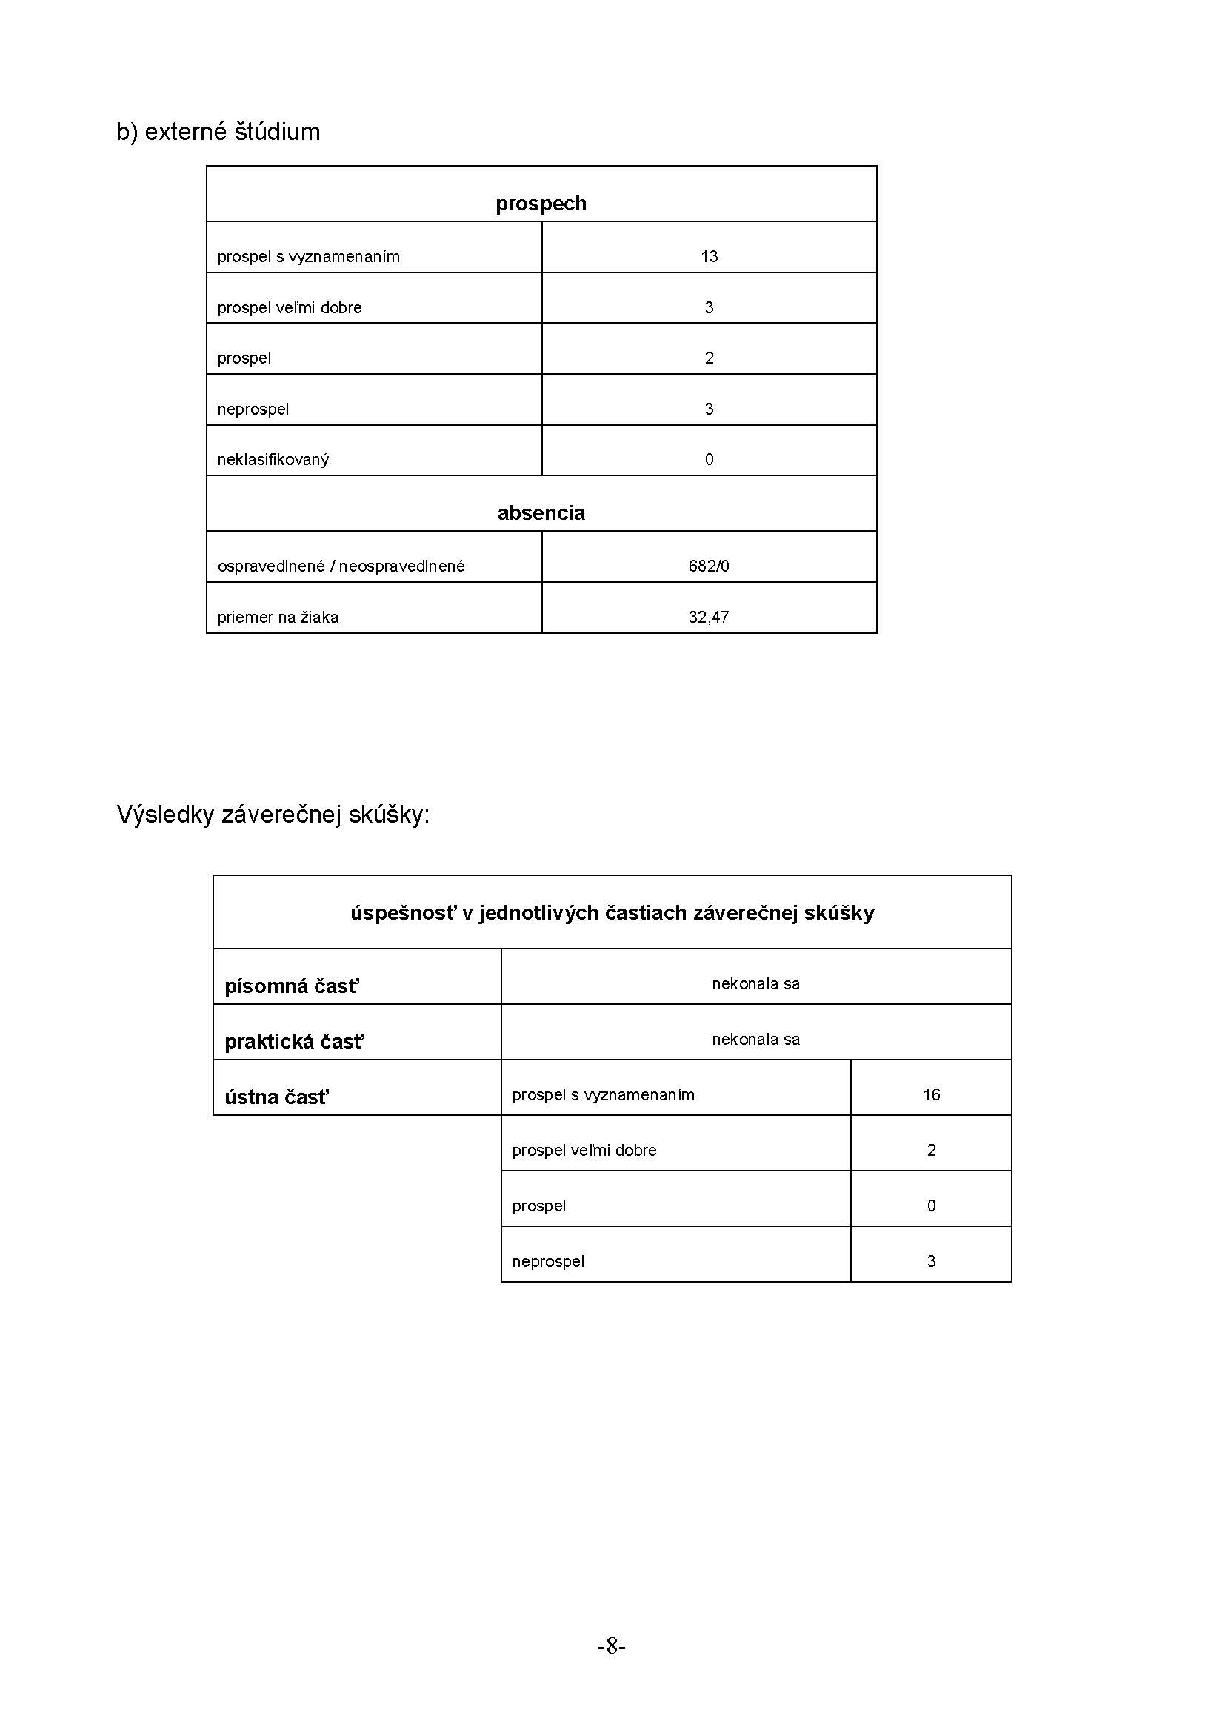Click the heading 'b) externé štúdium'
tap(218, 132)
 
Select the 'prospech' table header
tap(541, 204)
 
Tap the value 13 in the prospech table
tap(709, 256)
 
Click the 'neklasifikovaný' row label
tap(273, 459)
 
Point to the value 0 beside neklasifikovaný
tap(709, 459)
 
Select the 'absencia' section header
tap(541, 513)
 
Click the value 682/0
tap(709, 566)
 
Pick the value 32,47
tap(709, 617)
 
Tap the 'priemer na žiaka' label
tap(278, 617)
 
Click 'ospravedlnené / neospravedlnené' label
tap(341, 566)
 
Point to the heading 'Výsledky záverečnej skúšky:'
tap(273, 815)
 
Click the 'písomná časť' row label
tap(292, 986)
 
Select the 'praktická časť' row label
tap(294, 1042)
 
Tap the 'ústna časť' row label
tap(277, 1097)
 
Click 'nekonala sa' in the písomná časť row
tap(756, 983)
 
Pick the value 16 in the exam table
tap(932, 1094)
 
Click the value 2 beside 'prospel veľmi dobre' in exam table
tap(932, 1151)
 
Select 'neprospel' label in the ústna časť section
tap(548, 1261)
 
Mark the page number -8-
tap(612, 1646)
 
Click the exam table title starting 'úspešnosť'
tap(612, 913)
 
